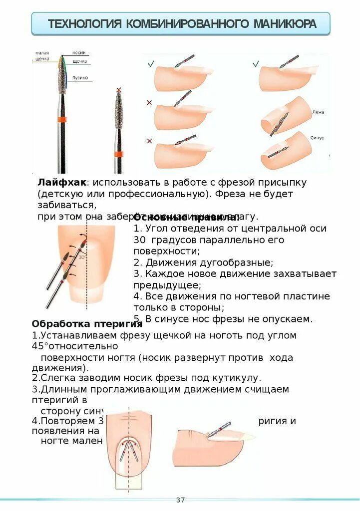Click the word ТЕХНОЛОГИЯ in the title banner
pyautogui.click(x=85, y=23)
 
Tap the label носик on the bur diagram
pyautogui.click(x=78, y=52)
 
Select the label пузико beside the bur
pyautogui.click(x=80, y=77)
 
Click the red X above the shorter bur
pyautogui.click(x=119, y=90)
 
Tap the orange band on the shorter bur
pyautogui.click(x=118, y=153)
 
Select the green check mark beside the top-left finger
pyautogui.click(x=150, y=64)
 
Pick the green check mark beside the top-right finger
pyautogui.click(x=256, y=64)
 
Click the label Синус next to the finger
pyautogui.click(x=317, y=137)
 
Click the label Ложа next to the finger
pyautogui.click(x=318, y=112)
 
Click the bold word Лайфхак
pyautogui.click(x=61, y=183)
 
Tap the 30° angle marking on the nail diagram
pyautogui.click(x=82, y=257)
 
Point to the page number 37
pyautogui.click(x=180, y=500)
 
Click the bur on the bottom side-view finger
pyautogui.click(x=220, y=431)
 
